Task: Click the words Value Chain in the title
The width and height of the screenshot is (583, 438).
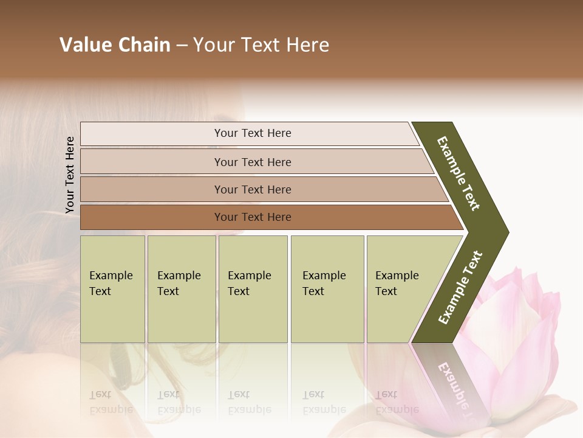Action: [115, 45]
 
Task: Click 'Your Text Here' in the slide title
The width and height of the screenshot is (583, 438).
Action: [261, 45]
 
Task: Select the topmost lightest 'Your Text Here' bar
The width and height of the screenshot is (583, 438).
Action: [252, 133]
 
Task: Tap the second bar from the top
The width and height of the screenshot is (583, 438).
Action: [252, 162]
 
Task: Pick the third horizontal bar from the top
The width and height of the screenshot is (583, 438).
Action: [252, 189]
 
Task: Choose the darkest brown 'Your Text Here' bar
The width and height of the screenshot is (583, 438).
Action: [252, 217]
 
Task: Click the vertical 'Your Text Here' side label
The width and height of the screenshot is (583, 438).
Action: [70, 175]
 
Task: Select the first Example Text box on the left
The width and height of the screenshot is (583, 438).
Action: [112, 289]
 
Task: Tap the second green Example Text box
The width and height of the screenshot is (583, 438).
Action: [181, 289]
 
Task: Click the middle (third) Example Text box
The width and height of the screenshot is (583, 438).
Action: [253, 289]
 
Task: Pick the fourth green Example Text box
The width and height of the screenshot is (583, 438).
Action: [327, 289]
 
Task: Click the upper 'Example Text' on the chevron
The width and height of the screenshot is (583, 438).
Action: [459, 173]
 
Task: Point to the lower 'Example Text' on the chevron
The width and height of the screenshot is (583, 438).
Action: [460, 288]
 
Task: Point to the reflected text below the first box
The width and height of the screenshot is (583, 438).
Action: [111, 402]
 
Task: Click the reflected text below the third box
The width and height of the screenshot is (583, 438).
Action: [249, 402]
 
